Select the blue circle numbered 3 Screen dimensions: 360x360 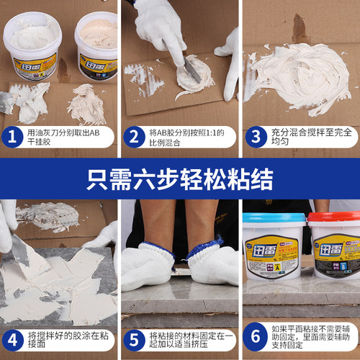(x=255, y=138)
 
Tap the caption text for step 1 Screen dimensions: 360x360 (x=69, y=138)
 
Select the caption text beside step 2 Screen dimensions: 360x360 (x=189, y=138)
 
